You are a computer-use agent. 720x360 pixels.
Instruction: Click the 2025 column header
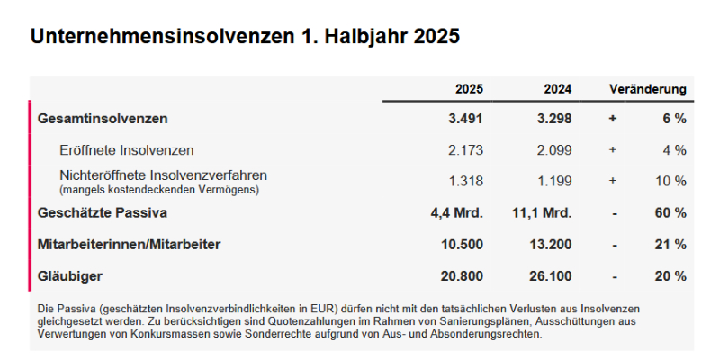pos(469,89)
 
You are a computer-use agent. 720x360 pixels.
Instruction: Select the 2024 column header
pos(557,89)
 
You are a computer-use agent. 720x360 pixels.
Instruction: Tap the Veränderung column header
pos(648,89)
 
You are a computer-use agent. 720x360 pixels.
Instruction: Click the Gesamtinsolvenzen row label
pos(103,118)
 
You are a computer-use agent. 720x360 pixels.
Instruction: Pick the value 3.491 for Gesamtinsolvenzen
pos(466,118)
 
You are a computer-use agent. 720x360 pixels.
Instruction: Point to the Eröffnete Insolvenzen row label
pos(126,149)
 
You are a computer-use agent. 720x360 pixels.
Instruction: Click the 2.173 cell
pos(466,149)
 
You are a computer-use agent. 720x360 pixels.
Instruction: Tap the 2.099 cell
pos(554,149)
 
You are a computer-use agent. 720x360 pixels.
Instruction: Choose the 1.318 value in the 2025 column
pos(466,181)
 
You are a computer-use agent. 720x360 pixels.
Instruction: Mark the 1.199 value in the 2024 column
pos(554,181)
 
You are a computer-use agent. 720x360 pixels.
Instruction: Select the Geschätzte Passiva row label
pos(103,212)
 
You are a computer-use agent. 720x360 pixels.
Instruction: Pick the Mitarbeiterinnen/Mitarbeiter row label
pos(129,244)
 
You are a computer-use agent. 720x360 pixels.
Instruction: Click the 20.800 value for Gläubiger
pos(463,275)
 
